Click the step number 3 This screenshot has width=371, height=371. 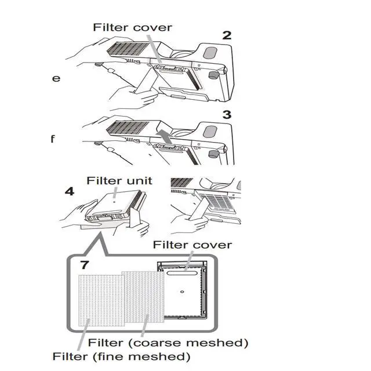pyautogui.click(x=227, y=115)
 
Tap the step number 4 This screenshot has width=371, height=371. pyautogui.click(x=69, y=191)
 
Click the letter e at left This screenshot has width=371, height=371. pyautogui.click(x=56, y=78)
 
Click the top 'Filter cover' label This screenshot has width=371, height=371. pyautogui.click(x=133, y=27)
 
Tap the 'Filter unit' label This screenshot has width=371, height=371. pyautogui.click(x=119, y=180)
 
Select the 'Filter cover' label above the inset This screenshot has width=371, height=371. pyautogui.click(x=192, y=245)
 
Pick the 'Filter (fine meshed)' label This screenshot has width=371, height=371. pyautogui.click(x=121, y=355)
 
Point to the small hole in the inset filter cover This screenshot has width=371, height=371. pyautogui.click(x=182, y=291)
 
